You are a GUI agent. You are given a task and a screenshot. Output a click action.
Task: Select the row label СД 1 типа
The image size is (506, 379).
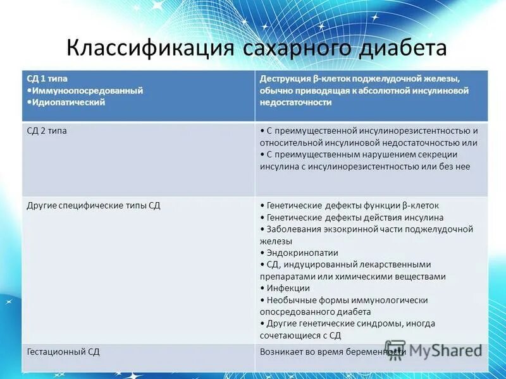pos(47,79)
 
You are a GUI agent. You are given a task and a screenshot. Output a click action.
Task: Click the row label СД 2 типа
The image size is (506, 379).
pos(47,131)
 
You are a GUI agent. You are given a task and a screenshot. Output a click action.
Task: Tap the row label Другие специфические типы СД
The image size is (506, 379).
pos(94,205)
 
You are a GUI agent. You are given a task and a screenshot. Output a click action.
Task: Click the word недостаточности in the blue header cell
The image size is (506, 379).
pos(295,102)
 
